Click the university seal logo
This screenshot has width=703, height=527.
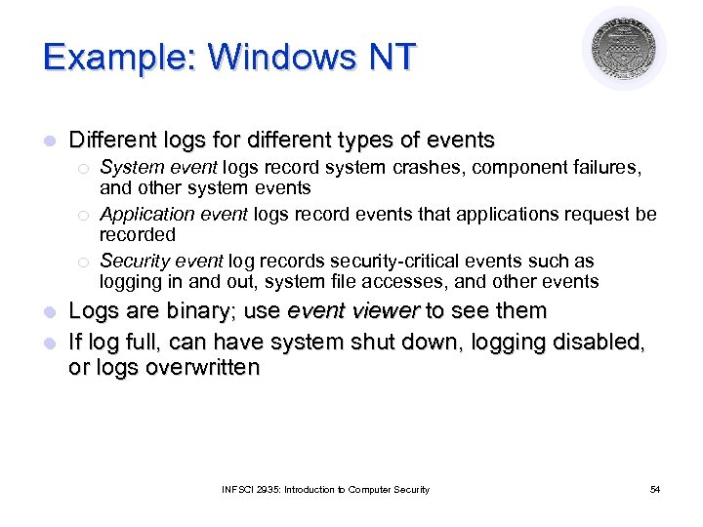point(624,49)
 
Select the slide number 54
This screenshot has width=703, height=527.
point(654,489)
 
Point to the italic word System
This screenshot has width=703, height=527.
point(127,168)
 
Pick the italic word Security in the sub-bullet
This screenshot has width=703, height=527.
point(133,262)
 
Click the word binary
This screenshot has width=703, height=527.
point(207,311)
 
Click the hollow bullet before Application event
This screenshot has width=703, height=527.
point(85,215)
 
